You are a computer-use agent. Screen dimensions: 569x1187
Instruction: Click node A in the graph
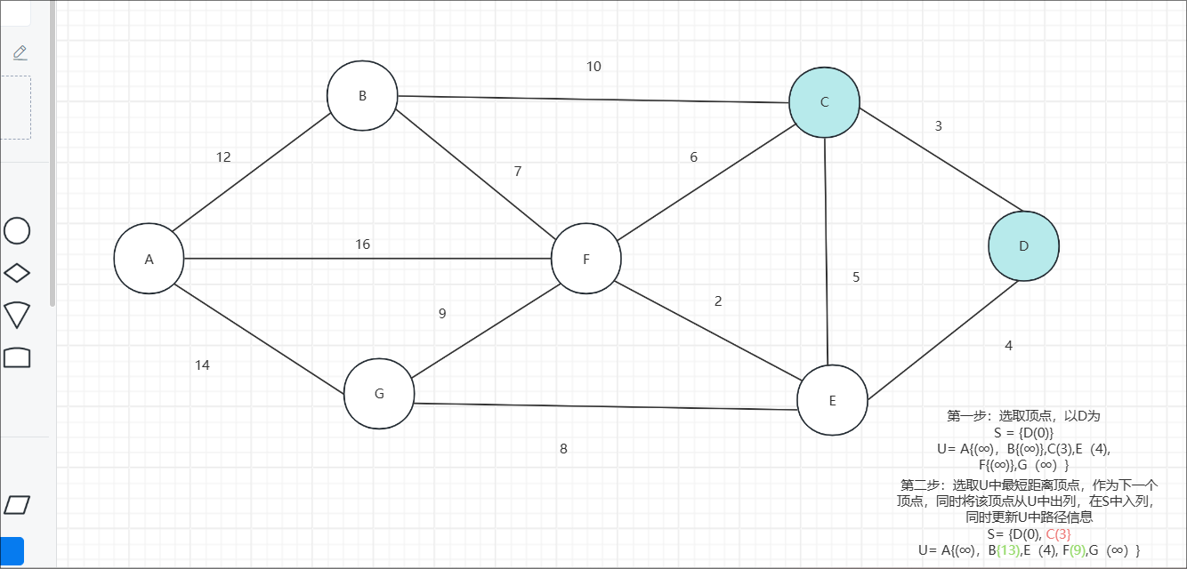click(x=149, y=259)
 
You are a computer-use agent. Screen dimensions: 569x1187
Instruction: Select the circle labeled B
click(x=361, y=96)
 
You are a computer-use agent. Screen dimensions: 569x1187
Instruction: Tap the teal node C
click(x=824, y=102)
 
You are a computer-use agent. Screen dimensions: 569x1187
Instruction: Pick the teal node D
click(x=1023, y=246)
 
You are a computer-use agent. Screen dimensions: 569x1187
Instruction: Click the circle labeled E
click(x=832, y=400)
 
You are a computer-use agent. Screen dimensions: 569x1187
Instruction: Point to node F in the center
click(x=585, y=259)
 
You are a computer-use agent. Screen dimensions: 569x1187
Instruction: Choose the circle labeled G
click(x=379, y=394)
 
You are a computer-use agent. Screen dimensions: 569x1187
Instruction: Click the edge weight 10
click(x=593, y=67)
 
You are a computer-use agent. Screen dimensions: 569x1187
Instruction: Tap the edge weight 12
click(x=223, y=157)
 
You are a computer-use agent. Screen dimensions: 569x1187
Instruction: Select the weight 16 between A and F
click(x=362, y=244)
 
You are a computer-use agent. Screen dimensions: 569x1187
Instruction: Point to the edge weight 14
click(x=202, y=365)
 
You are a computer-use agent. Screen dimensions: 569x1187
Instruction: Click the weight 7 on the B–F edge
click(x=518, y=172)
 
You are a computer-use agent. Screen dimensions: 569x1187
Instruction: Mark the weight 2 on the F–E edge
click(x=718, y=301)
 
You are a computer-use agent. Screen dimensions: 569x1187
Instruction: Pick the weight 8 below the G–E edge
click(x=563, y=449)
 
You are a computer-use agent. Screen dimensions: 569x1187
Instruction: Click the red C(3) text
click(x=1057, y=533)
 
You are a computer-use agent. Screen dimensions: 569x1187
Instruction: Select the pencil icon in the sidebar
click(x=20, y=52)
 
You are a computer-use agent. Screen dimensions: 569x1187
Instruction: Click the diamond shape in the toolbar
click(x=17, y=273)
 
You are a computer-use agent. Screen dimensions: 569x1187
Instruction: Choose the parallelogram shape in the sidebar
click(x=17, y=505)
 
